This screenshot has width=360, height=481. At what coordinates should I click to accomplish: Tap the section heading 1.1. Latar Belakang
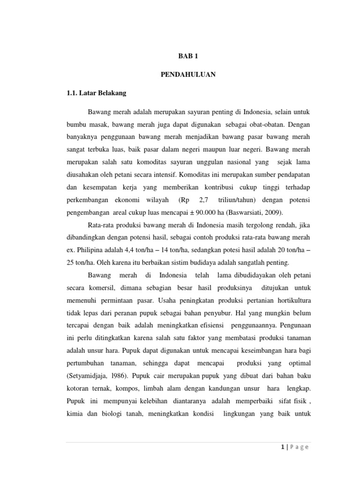(x=97, y=93)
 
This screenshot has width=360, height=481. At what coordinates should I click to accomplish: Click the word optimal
(x=297, y=364)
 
